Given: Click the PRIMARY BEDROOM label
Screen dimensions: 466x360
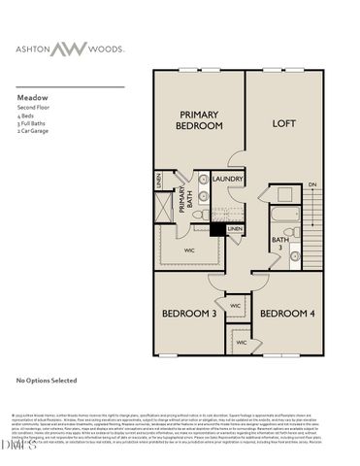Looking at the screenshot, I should (198, 120).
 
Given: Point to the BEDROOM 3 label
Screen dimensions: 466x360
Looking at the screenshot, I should (187, 314).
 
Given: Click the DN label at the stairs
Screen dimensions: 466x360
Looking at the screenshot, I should (311, 184).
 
